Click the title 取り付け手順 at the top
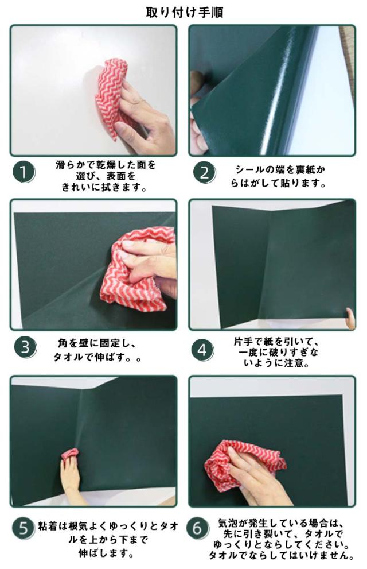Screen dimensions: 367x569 point(185,12)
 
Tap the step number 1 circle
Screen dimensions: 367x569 point(24,172)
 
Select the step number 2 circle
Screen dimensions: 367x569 point(204,172)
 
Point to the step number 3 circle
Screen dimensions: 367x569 point(25,347)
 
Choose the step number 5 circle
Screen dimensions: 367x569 point(23,528)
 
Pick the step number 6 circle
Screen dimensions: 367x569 point(197,528)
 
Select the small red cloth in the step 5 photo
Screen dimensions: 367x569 point(69,455)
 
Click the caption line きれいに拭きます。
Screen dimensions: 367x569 point(105,188)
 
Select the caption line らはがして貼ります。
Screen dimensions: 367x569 point(278,183)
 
